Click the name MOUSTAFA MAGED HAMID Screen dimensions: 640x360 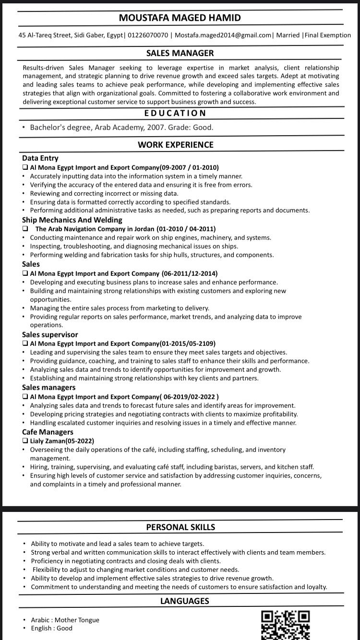180,18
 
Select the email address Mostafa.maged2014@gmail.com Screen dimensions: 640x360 224,35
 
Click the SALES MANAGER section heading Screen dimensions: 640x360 180,53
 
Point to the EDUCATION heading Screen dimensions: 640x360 175,113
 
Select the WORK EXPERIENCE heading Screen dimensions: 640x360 176,144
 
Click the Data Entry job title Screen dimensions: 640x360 40,158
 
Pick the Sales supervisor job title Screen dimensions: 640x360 50,334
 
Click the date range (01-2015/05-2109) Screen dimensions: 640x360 188,344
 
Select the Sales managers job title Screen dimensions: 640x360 49,387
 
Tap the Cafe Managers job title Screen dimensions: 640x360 48,432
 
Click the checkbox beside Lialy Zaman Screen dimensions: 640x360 25,441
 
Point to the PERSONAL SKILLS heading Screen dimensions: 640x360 180,527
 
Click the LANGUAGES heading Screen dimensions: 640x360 184,600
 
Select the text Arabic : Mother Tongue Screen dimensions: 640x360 65,620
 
